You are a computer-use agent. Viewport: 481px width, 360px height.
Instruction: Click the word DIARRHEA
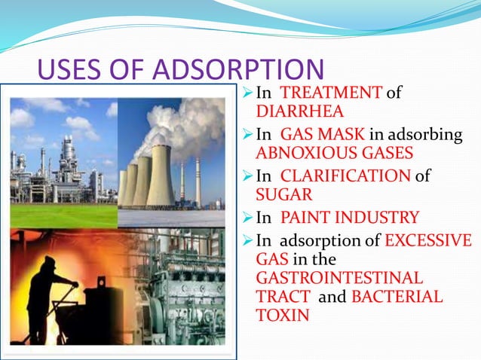point(289,112)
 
